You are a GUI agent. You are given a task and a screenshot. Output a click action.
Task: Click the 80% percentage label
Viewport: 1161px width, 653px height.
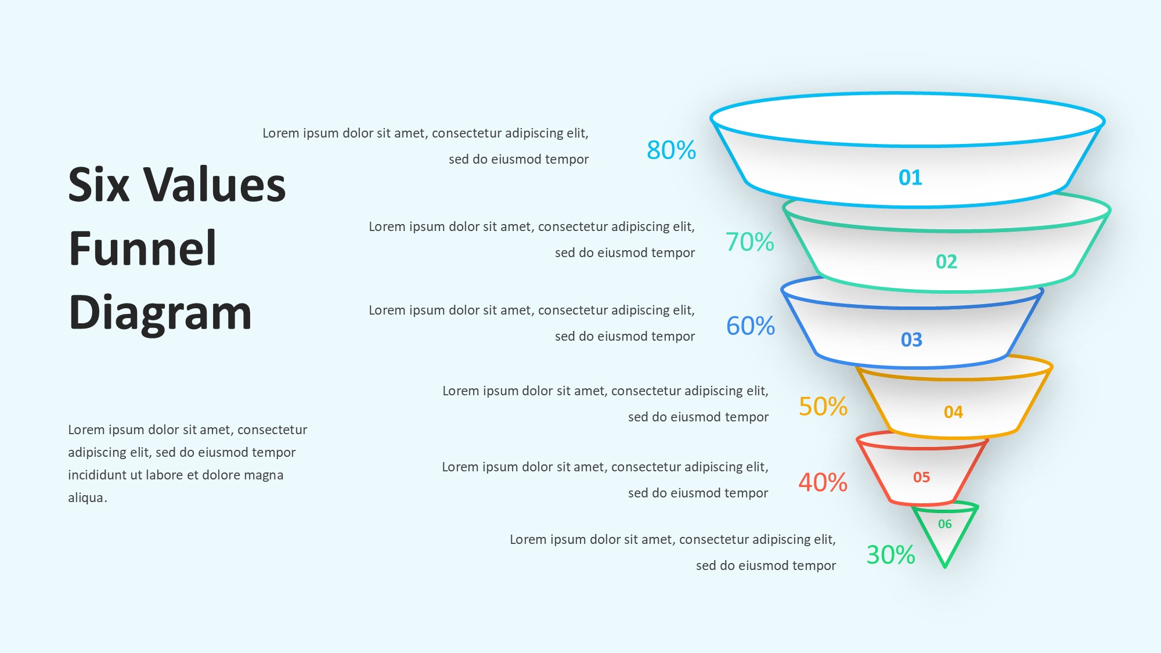[671, 150]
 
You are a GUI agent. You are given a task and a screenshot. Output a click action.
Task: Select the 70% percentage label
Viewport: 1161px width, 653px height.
[750, 242]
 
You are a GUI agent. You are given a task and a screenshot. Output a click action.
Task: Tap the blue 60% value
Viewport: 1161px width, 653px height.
[751, 326]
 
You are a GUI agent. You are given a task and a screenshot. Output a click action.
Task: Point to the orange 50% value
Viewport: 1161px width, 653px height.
[823, 406]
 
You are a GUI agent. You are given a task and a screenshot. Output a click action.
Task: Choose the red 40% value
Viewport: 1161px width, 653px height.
[823, 482]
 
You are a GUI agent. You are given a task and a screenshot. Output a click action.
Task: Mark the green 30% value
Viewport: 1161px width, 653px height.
[891, 555]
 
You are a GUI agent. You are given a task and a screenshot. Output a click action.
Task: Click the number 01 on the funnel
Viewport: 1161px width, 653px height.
[910, 178]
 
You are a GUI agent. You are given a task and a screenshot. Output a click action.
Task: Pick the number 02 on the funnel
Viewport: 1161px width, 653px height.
[946, 262]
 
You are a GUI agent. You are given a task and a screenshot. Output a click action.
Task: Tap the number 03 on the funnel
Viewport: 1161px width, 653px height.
[911, 340]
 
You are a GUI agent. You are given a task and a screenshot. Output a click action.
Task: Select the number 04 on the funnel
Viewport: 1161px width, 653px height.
[953, 412]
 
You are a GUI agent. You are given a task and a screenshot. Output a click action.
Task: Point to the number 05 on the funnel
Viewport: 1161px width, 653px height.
[921, 477]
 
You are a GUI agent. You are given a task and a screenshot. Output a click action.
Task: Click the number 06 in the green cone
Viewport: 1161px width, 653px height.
[945, 524]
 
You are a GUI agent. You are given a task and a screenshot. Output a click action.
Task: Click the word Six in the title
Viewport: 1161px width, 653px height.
[99, 185]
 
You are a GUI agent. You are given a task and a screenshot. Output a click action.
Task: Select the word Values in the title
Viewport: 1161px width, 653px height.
[215, 185]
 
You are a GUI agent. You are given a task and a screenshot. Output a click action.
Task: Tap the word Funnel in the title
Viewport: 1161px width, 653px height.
[143, 248]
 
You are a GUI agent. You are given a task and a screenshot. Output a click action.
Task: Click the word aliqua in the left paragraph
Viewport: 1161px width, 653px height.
[86, 498]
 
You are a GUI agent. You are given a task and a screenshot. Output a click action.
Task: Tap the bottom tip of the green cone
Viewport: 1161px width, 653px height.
[944, 567]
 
